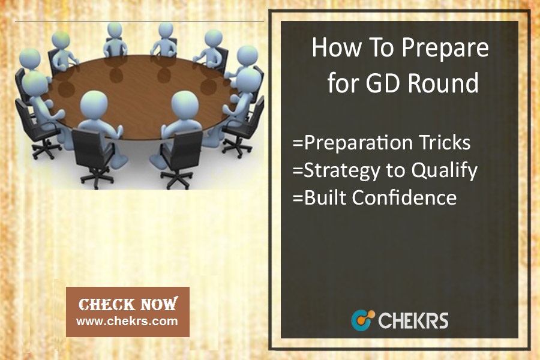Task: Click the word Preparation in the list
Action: [x=358, y=143]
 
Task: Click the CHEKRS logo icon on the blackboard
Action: [x=363, y=320]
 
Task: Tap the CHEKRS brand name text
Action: [x=413, y=320]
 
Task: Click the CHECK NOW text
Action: [x=128, y=304]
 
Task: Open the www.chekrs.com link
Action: [x=127, y=322]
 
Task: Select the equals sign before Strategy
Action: [x=298, y=170]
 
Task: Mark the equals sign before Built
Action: [x=298, y=198]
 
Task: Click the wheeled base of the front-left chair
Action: [x=97, y=178]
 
